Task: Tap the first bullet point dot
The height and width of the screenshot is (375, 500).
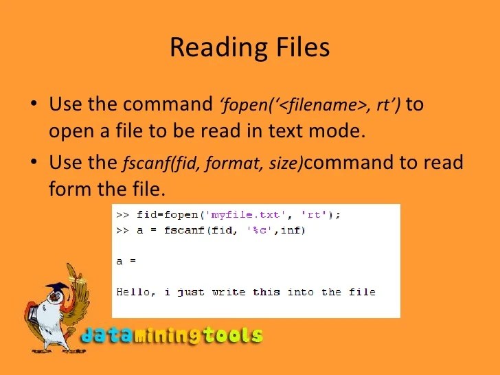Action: pos(35,106)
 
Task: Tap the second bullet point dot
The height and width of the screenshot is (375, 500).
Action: pos(35,164)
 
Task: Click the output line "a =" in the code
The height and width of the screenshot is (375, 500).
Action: pos(126,262)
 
